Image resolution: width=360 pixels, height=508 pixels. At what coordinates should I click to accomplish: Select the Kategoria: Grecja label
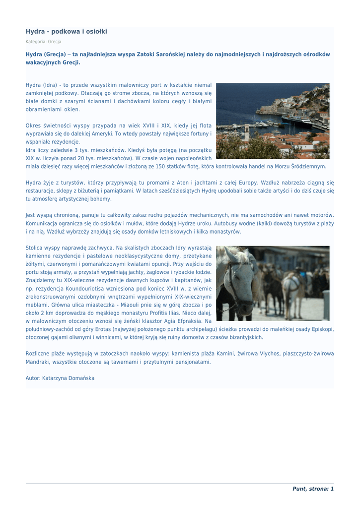click(43, 42)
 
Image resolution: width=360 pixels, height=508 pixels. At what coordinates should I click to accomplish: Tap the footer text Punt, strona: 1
click(313, 489)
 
